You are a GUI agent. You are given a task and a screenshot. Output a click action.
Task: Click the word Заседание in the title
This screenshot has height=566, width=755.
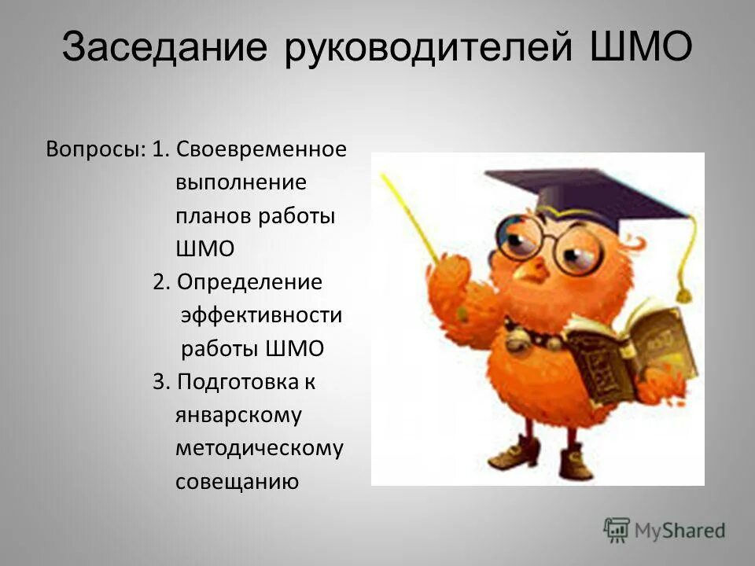(x=164, y=49)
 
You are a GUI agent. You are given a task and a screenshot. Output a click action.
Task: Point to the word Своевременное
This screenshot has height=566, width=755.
(x=261, y=149)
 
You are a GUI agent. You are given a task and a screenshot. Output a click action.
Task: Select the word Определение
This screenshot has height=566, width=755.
(x=250, y=282)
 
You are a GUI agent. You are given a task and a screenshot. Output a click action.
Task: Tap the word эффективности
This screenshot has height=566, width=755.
(x=262, y=315)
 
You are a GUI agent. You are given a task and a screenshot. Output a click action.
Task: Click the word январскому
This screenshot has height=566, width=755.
(x=238, y=415)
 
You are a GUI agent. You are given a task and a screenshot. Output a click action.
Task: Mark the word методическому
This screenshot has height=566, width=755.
(x=260, y=448)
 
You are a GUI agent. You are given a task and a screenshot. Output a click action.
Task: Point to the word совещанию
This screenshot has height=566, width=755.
(x=237, y=481)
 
